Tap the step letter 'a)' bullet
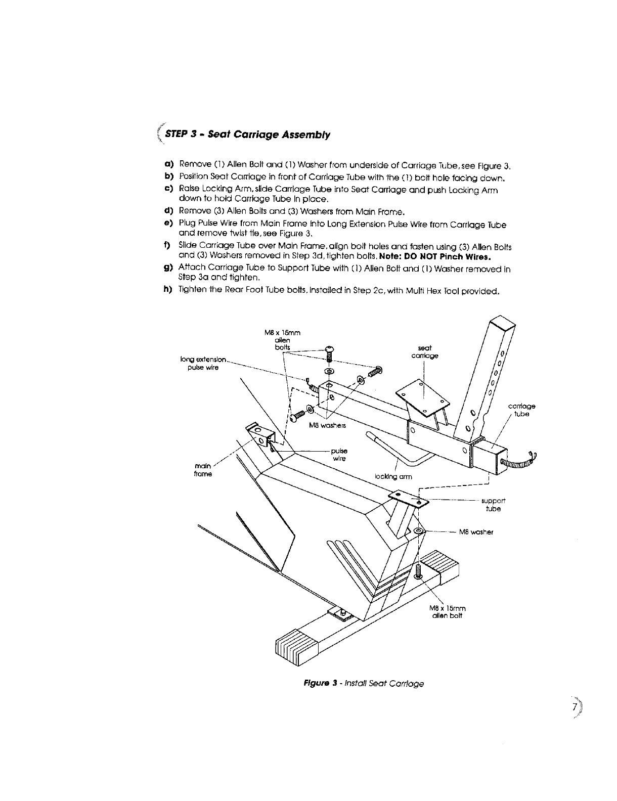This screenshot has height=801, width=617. pos(168,164)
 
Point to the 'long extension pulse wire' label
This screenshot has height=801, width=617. pos(203,363)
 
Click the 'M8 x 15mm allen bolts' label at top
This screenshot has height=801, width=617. pos(282,340)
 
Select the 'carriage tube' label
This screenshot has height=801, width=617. pos(521,410)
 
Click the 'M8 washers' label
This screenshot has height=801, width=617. pos(327,426)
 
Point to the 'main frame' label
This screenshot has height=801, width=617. pos(203,470)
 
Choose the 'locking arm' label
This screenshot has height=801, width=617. pos(393,476)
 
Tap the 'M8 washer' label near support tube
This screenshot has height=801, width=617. pos(476,532)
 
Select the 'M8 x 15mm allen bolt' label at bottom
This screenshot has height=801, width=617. pos(447,611)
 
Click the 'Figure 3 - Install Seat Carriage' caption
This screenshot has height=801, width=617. pos(363,684)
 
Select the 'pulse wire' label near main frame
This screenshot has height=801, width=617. pos(339,455)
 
